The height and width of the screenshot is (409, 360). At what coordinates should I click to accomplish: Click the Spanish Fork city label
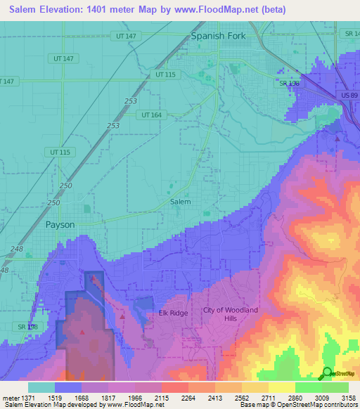tap(219, 36)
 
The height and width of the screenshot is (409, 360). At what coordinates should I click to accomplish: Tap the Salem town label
tap(181, 202)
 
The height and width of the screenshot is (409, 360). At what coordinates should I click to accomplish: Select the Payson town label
tap(60, 225)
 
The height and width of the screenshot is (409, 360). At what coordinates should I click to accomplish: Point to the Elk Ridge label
tap(173, 313)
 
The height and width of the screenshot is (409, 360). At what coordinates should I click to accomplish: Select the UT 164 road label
tap(151, 115)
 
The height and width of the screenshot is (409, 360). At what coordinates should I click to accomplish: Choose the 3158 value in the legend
tap(348, 398)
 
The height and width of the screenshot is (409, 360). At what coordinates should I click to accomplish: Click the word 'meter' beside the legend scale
tap(10, 398)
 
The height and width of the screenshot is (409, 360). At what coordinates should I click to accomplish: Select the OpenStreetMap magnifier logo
tap(327, 373)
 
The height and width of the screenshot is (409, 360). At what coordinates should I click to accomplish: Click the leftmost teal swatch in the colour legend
tap(41, 387)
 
